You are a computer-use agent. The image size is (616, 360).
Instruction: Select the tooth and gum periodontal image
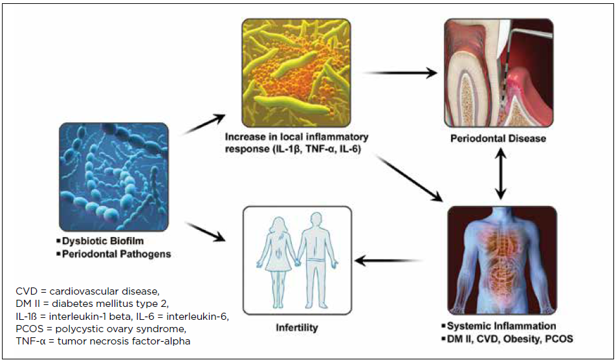click(x=498, y=72)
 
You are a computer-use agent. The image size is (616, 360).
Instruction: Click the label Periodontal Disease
click(x=499, y=139)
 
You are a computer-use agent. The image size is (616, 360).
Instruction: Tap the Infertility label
click(x=296, y=328)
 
